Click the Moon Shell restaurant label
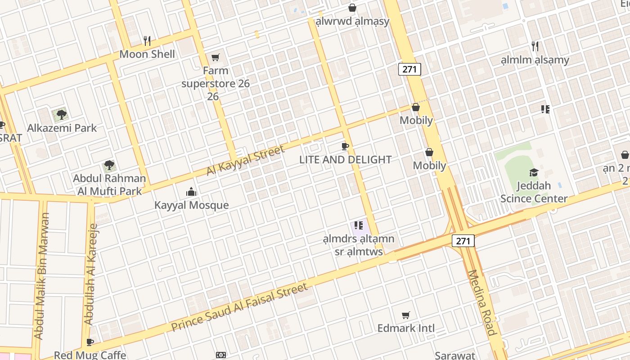[147, 54]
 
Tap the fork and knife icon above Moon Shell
[147, 41]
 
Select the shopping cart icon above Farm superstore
[216, 57]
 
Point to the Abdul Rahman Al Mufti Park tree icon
[109, 165]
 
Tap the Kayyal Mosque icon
[191, 192]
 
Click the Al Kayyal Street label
[246, 160]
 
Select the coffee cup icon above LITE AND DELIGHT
[345, 146]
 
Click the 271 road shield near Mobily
[409, 69]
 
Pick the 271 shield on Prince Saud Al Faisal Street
[463, 241]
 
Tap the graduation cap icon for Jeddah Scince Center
[534, 172]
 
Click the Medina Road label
[482, 302]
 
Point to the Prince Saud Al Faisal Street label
[239, 307]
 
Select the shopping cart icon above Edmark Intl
[406, 315]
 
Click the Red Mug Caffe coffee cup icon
[90, 342]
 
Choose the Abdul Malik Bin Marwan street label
[41, 276]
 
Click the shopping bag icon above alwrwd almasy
[352, 8]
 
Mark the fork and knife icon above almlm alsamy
[535, 46]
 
